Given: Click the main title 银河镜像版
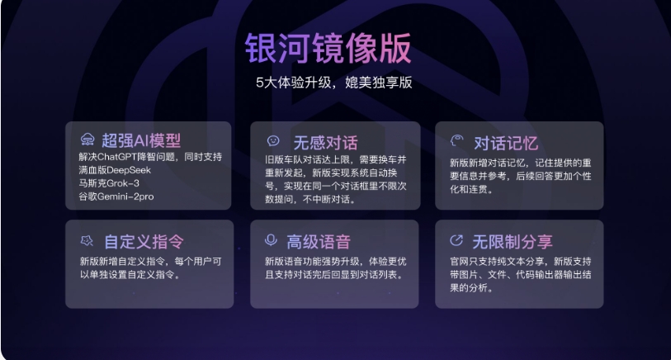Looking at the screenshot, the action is [328, 49].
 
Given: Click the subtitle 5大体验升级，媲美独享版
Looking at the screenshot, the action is [333, 83].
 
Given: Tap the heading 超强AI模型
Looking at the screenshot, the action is [141, 140].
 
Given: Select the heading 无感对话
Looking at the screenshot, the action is [326, 143].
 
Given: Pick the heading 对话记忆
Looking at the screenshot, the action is [506, 144].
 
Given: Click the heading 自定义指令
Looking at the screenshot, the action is [144, 242].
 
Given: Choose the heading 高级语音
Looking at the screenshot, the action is [319, 242].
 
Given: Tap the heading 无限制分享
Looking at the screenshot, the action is [513, 242].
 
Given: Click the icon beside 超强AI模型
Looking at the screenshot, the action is [87, 140].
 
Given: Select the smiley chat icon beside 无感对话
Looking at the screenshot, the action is [273, 141].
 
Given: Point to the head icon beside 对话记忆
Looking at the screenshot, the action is [456, 141].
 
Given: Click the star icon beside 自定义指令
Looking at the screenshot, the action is [87, 240].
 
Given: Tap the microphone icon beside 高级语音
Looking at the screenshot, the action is [271, 240].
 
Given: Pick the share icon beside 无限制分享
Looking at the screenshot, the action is [456, 240].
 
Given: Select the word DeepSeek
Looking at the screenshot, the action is [129, 170].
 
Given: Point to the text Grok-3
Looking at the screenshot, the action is [123, 183].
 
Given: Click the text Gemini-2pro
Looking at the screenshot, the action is [125, 197].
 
